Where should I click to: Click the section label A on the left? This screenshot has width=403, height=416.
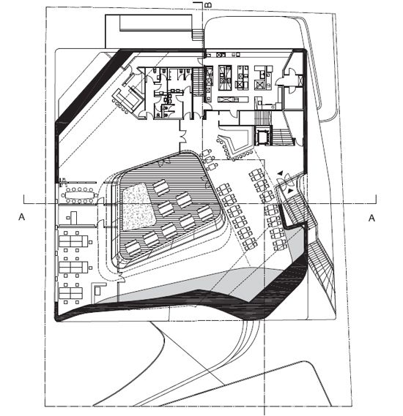(x=21, y=217)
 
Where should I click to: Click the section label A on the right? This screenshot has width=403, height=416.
(x=371, y=218)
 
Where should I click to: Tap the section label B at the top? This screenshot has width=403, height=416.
(x=209, y=5)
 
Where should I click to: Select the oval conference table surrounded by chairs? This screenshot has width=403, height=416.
(x=80, y=196)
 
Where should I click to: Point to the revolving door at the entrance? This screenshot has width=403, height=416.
(x=286, y=181)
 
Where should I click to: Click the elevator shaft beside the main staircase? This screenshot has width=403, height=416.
(x=263, y=135)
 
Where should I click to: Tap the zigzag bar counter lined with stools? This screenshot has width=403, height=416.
(x=234, y=147)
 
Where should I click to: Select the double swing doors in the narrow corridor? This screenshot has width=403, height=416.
(x=183, y=135)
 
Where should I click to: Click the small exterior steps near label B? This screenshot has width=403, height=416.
(x=198, y=35)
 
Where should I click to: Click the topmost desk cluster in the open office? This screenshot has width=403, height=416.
(x=73, y=241)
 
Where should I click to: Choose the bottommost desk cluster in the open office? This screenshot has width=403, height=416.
(x=71, y=293)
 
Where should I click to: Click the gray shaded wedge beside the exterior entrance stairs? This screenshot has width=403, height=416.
(x=295, y=243)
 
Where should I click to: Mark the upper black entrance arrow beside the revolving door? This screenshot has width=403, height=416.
(x=280, y=173)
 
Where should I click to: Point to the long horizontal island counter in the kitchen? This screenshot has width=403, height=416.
(x=233, y=99)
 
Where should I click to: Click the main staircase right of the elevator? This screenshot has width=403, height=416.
(x=283, y=137)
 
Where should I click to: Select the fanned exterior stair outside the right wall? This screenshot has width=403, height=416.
(x=321, y=268)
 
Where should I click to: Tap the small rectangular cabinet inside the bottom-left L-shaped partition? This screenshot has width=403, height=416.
(x=97, y=291)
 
